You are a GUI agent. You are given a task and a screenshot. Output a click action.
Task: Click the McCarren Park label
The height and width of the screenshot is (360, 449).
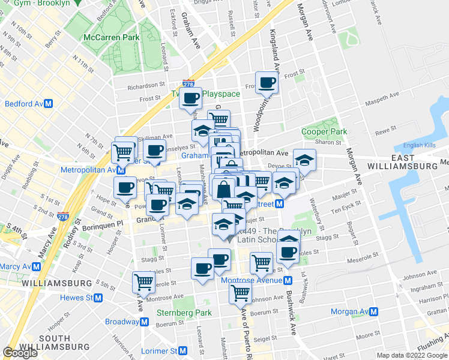point(112,37)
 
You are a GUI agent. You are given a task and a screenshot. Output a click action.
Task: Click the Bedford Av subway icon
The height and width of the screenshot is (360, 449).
point(49,104)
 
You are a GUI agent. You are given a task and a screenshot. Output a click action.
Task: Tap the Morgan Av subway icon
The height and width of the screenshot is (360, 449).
point(373,312)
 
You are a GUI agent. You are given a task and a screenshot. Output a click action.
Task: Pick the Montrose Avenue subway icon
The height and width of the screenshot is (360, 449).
point(288,280)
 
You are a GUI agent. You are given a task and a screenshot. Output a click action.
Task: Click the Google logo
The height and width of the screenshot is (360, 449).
point(20,353)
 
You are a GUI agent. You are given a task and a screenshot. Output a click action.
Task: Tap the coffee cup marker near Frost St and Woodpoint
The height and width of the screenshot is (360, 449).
point(267,83)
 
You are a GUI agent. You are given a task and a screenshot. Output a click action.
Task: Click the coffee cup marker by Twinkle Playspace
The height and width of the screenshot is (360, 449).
point(190,98)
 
